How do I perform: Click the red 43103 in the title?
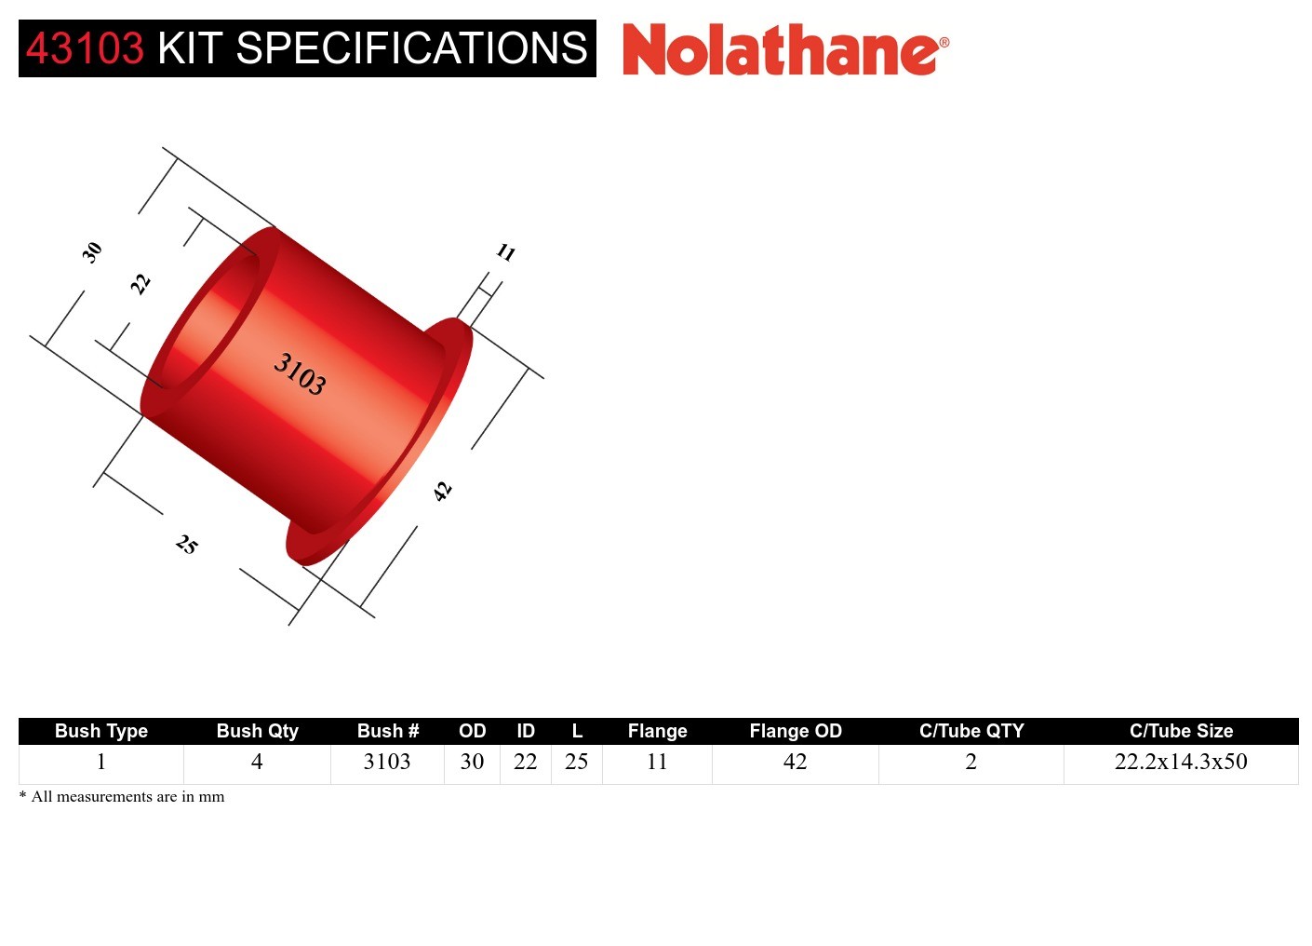(85, 48)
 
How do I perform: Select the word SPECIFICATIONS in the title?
(411, 48)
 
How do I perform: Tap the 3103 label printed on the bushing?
(300, 373)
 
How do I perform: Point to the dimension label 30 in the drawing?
(91, 251)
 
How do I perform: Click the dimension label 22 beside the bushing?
(140, 283)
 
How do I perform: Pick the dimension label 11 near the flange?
(505, 252)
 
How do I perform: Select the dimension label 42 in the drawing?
(443, 491)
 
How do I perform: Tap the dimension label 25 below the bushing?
(187, 545)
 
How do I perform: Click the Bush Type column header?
(101, 731)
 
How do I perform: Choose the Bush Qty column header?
(258, 731)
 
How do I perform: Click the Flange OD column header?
(796, 731)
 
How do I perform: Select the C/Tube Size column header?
(1181, 731)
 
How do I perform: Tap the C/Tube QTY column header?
(971, 731)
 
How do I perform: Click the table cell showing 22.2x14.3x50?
(1181, 762)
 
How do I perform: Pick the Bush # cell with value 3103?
(387, 762)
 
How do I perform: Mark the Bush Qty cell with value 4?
(257, 762)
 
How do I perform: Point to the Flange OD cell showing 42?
(795, 762)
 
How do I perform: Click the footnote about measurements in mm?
(122, 797)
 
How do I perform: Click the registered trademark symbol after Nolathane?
(944, 42)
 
